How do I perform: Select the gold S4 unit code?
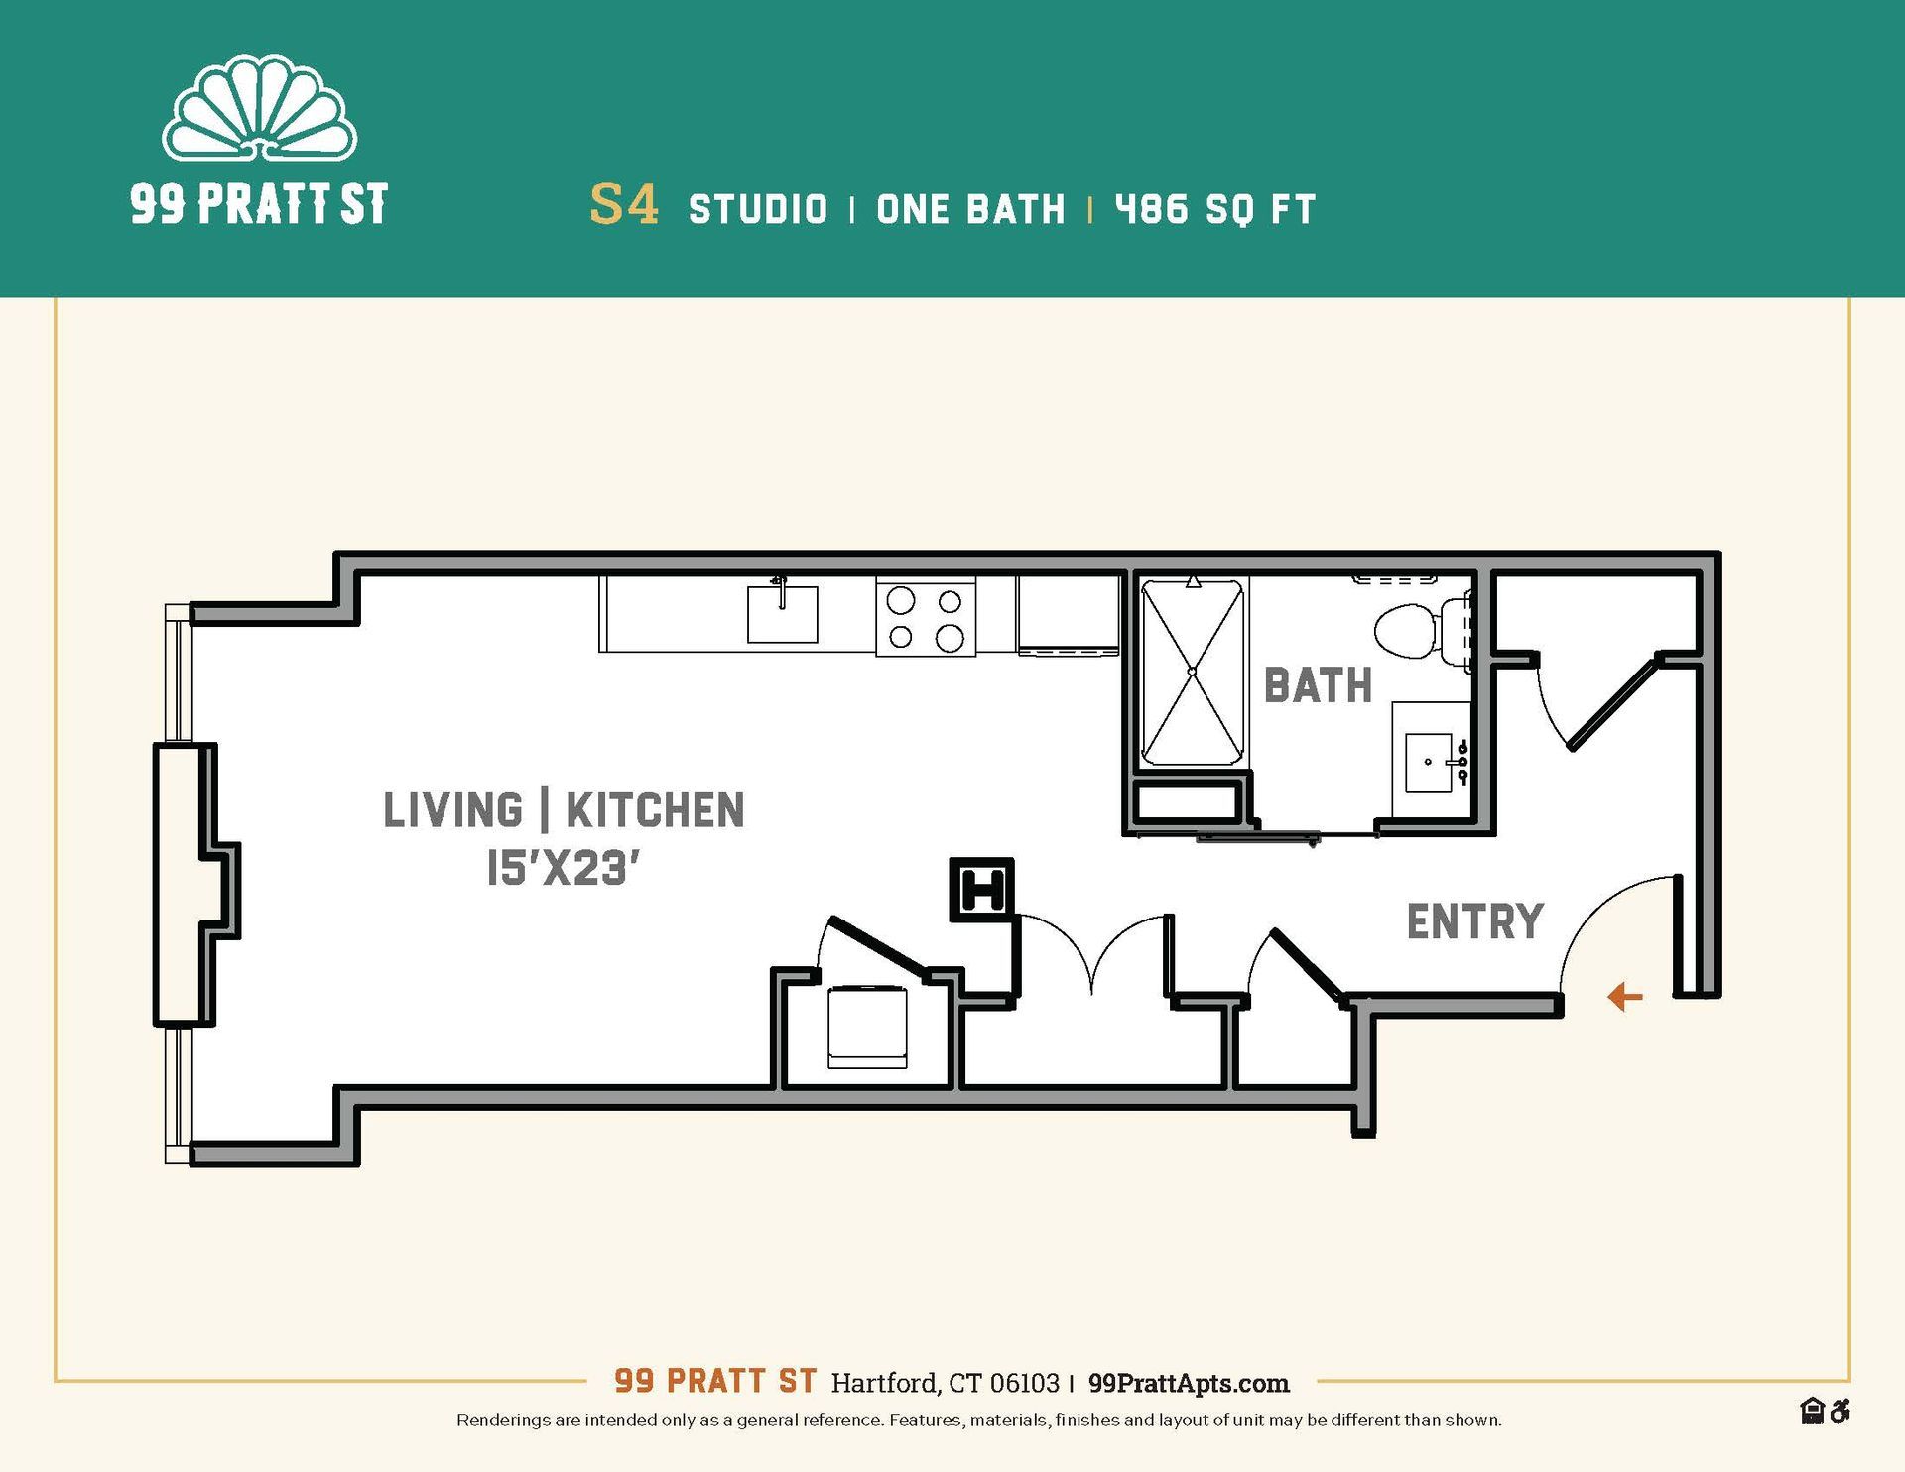coord(624,205)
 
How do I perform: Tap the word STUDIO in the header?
coord(758,210)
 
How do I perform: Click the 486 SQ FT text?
coord(1215,210)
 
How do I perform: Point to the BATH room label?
coord(1318,686)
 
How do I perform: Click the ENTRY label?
coord(1474,921)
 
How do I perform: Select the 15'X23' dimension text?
coord(562,870)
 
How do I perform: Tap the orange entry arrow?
coord(1624,996)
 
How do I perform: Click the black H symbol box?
coord(982,889)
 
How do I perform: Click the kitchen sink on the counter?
coord(782,614)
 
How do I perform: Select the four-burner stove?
coord(925,617)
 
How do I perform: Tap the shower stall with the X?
coord(1193,673)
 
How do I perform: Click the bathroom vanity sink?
coord(1429,762)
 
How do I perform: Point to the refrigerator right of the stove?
coord(1068,615)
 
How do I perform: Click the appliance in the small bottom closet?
coord(867,1027)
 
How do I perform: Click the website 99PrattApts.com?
coord(1189,1383)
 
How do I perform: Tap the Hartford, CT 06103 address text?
coord(945,1383)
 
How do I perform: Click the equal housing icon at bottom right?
coord(1812,1411)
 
